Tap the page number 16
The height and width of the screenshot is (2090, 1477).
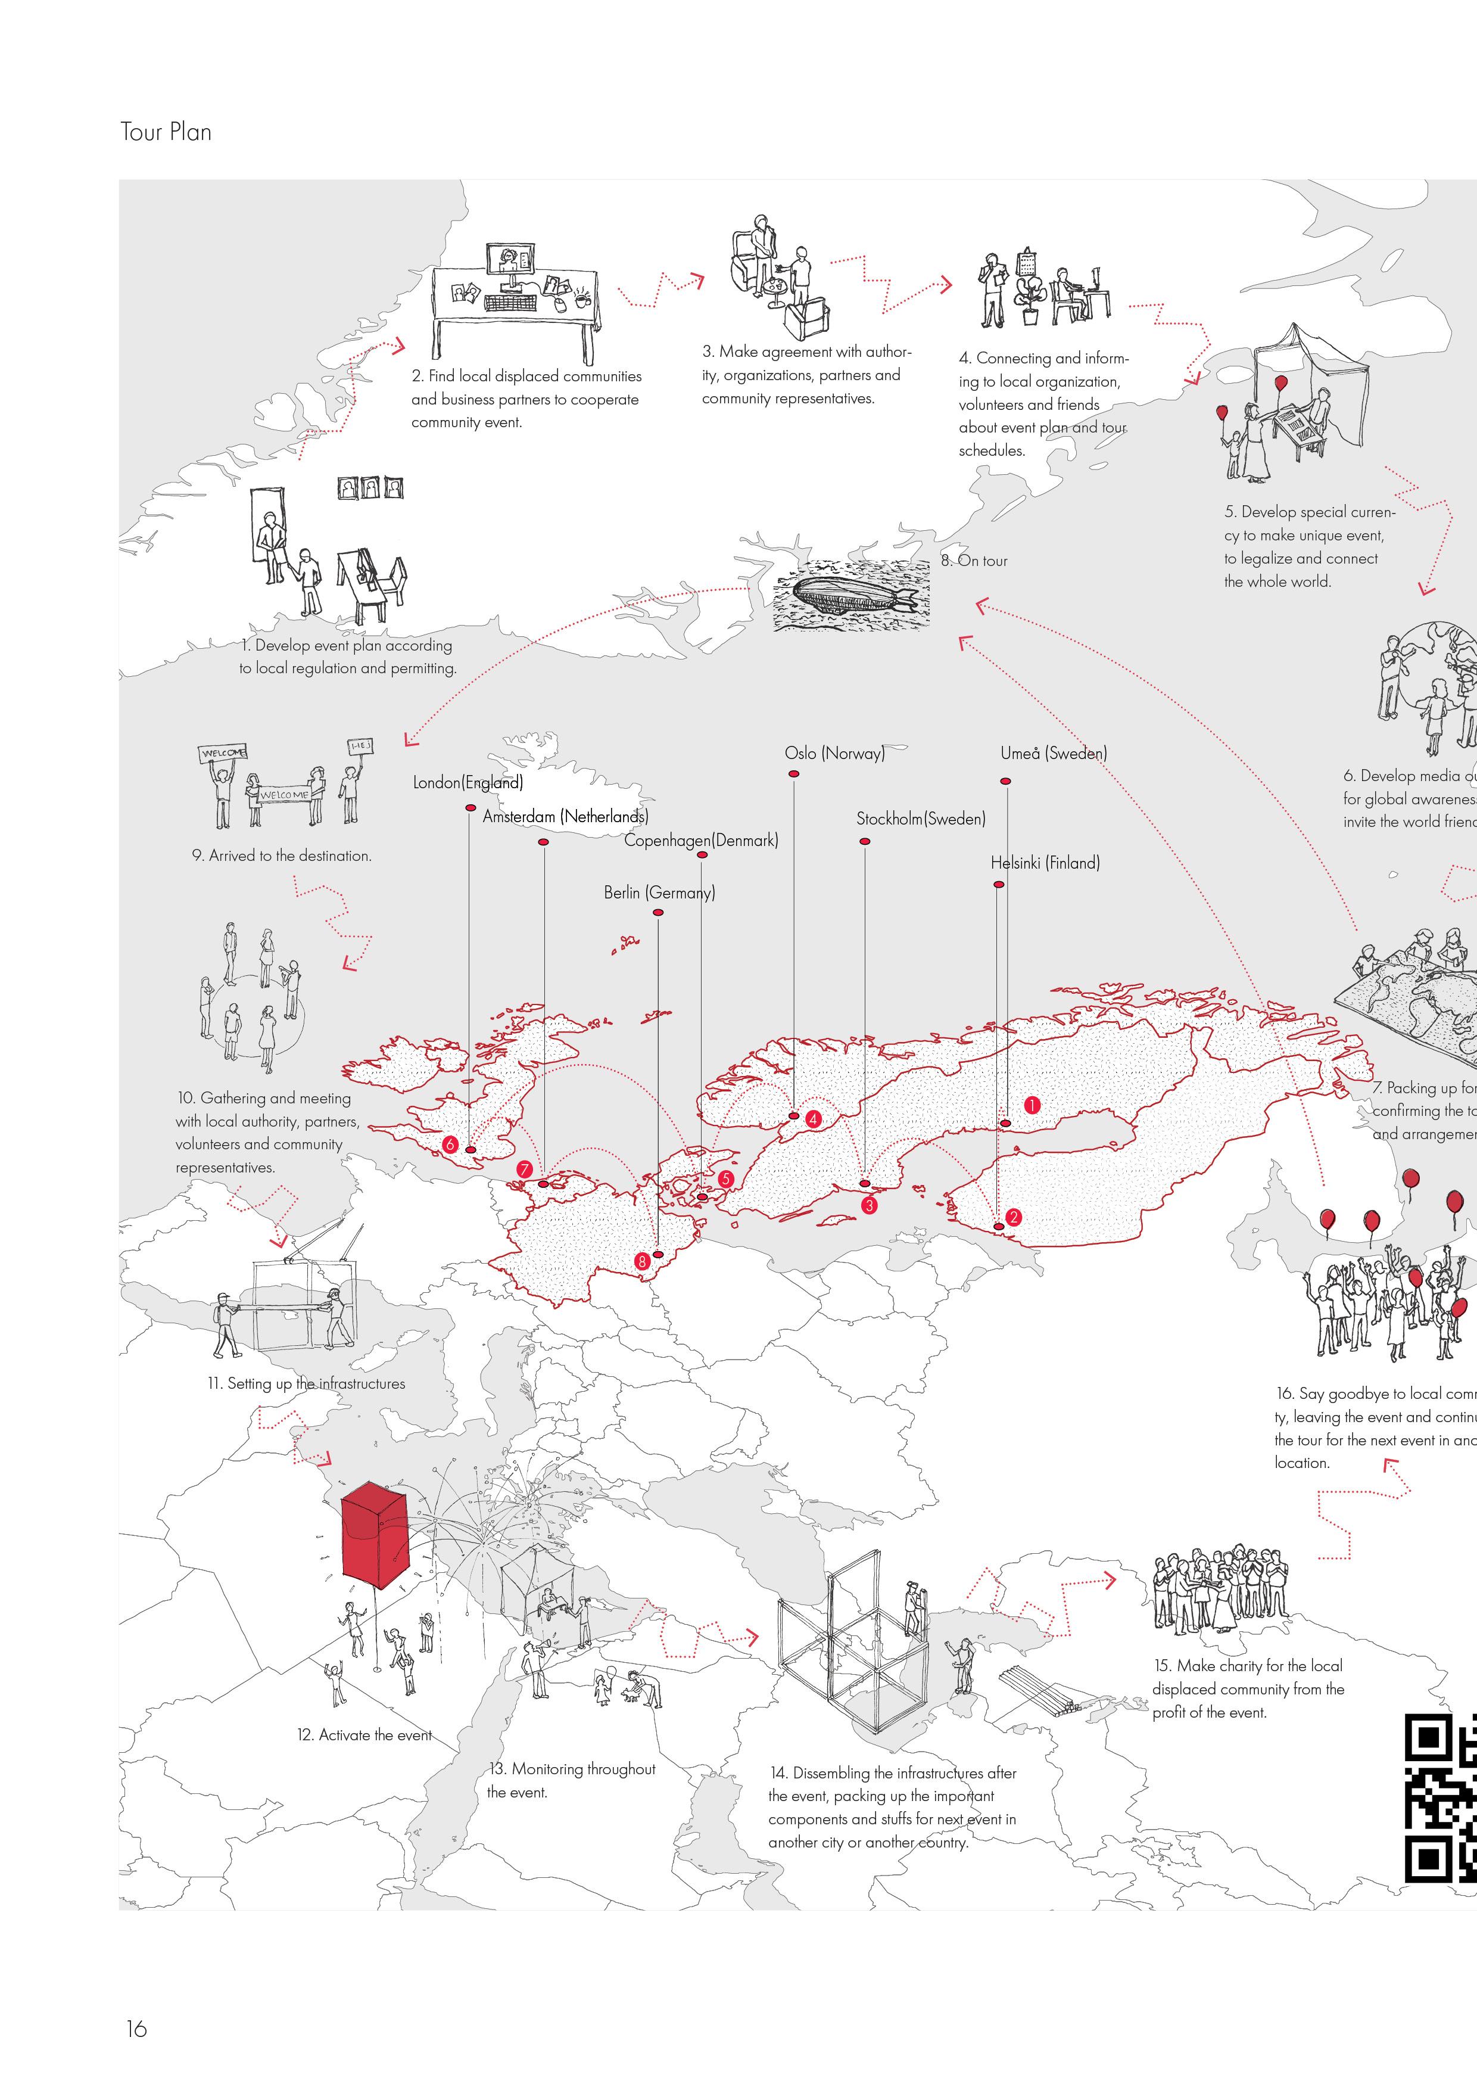coord(136,2028)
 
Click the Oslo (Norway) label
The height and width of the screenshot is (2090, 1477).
coord(834,754)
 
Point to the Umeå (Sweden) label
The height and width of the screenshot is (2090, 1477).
coord(1053,754)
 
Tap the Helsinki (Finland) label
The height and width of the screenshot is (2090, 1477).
coord(1045,863)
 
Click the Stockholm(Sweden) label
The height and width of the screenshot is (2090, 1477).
coord(920,819)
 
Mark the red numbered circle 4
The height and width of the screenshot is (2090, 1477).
coord(813,1119)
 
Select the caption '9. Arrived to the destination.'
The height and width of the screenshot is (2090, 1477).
coord(281,856)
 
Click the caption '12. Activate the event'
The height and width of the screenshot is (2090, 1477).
coord(364,1735)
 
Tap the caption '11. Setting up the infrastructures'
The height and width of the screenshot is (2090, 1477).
coord(306,1383)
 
